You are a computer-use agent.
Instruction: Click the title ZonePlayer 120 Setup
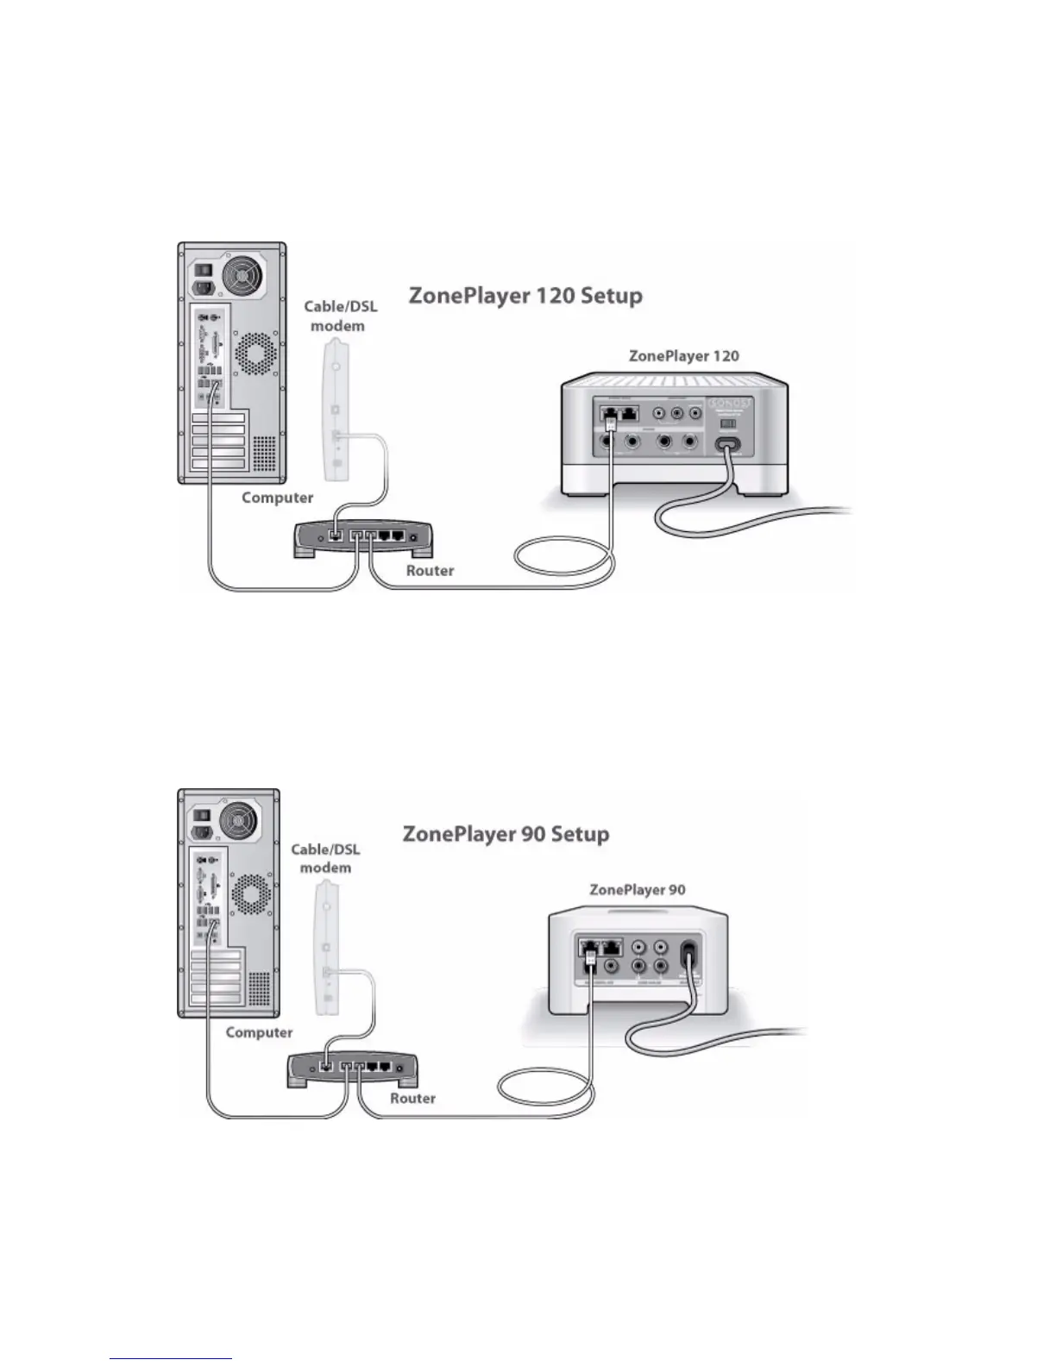tap(525, 297)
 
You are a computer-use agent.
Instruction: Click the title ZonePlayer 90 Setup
tap(506, 835)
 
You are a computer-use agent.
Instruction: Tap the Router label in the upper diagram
tap(430, 570)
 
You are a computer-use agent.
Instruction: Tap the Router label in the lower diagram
tap(412, 1098)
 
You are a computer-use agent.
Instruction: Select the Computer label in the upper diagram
tap(277, 498)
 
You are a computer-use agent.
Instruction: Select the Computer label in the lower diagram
tap(259, 1032)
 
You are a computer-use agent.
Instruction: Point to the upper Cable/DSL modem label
tap(340, 316)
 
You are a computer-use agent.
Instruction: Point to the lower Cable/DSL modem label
tap(325, 858)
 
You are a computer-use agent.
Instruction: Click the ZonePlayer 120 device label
tap(683, 355)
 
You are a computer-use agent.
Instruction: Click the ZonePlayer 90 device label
tap(637, 890)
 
